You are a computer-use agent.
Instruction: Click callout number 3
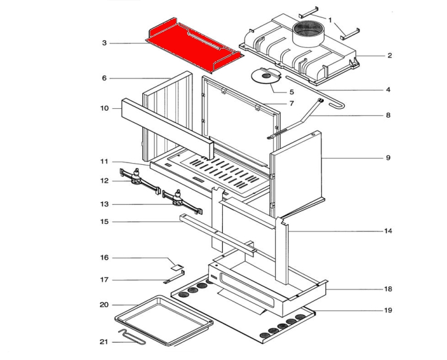pyautogui.click(x=105, y=43)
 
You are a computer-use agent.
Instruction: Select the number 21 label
pyautogui.click(x=104, y=342)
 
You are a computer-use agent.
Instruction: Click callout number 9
pyautogui.click(x=388, y=158)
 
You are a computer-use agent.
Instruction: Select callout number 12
pyautogui.click(x=105, y=181)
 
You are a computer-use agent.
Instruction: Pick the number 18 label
pyautogui.click(x=388, y=289)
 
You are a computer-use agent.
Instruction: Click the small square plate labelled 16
pyautogui.click(x=177, y=267)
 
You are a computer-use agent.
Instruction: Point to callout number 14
pyautogui.click(x=388, y=231)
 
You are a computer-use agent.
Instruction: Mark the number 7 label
pyautogui.click(x=292, y=103)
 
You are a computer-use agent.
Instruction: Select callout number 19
pyautogui.click(x=388, y=310)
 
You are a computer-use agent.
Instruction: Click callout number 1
pyautogui.click(x=331, y=20)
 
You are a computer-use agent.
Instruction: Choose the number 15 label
pyautogui.click(x=105, y=222)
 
